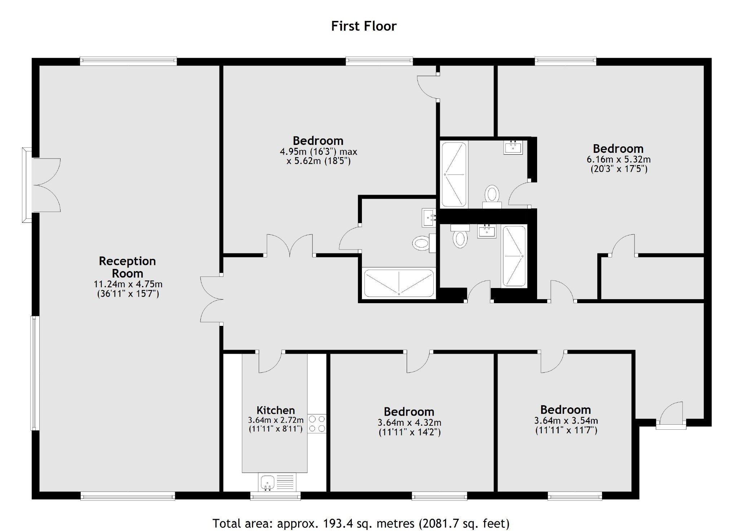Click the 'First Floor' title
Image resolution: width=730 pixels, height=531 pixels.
[364, 26]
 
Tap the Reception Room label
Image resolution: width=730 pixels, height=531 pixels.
[127, 267]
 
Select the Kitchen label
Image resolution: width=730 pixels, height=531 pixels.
[276, 410]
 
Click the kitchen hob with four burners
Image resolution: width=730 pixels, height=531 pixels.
[317, 424]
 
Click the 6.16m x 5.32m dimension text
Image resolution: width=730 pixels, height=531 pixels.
[619, 159]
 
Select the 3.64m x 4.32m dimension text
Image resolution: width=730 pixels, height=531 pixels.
[409, 422]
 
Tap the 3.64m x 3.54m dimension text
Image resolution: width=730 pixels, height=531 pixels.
[566, 420]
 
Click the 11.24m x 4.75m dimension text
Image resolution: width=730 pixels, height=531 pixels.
[128, 284]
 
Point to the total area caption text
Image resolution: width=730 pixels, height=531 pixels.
[361, 523]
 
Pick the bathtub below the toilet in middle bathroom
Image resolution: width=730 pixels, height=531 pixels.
[399, 283]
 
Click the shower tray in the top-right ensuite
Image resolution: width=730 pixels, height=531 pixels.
[454, 174]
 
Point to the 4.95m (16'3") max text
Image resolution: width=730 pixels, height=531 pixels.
[319, 152]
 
